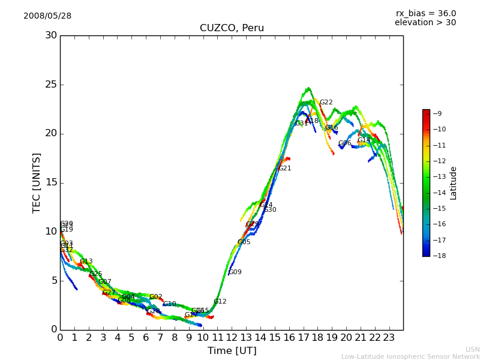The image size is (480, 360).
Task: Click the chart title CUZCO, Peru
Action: [232, 28]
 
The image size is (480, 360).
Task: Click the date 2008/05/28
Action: [47, 16]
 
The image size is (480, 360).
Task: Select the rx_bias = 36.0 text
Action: [425, 14]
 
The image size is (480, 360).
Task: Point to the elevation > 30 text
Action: [425, 23]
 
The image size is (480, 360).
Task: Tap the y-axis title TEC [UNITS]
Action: [37, 182]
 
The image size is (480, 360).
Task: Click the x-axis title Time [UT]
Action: [232, 350]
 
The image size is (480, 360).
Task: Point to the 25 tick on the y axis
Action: [51, 85]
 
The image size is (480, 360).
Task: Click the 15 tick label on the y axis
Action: [51, 182]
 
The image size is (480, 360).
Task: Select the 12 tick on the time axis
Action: [232, 337]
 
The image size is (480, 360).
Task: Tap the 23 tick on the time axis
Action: [389, 337]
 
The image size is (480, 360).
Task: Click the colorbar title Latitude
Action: [454, 182]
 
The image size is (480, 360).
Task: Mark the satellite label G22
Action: [326, 103]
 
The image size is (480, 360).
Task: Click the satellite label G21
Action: [284, 169]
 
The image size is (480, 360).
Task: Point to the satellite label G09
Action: [235, 272]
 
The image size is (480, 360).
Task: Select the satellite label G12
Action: [220, 302]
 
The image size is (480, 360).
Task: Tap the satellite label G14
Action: [364, 140]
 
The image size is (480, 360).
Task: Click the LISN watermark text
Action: [472, 349]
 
